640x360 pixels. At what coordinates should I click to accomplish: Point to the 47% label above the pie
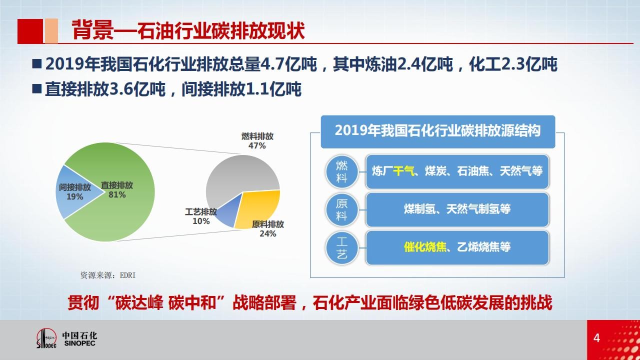(257, 145)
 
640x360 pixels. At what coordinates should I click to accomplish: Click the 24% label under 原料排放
(267, 233)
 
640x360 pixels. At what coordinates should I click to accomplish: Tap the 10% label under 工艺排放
(201, 221)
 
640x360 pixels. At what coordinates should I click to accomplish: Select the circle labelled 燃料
(341, 171)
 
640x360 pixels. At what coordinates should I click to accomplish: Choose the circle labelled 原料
(341, 209)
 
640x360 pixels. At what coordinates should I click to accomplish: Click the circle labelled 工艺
(341, 247)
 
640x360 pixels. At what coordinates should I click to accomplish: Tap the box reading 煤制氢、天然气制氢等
(457, 209)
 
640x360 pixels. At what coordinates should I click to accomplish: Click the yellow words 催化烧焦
(425, 247)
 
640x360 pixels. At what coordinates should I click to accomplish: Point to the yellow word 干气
(403, 171)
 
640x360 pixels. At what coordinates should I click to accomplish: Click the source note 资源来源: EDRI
(108, 275)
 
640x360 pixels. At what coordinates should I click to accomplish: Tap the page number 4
(596, 338)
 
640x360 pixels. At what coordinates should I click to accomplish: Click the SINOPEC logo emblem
(46, 338)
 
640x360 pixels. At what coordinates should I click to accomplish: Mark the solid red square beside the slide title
(30, 31)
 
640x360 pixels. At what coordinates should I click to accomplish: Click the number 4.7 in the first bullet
(272, 64)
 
